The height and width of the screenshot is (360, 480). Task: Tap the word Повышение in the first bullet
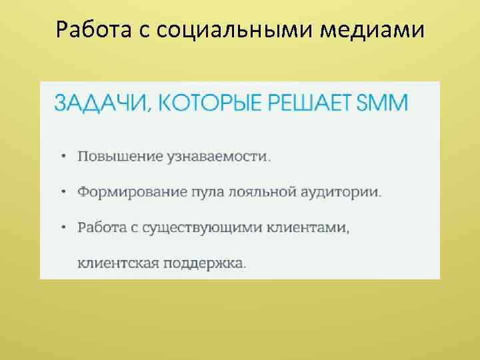coord(121,157)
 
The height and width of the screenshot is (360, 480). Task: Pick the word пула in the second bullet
coord(206,192)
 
